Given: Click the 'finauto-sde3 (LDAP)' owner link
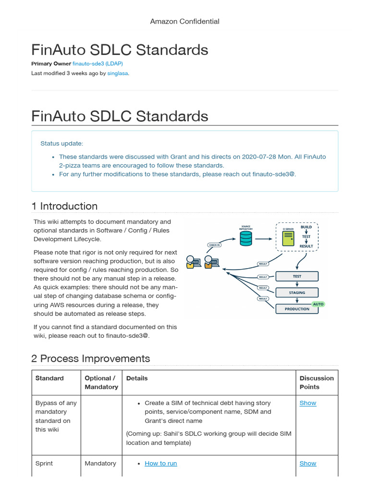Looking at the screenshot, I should [x=100, y=64].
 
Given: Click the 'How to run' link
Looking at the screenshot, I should [x=160, y=464].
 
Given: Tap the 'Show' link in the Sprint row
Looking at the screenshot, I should [x=307, y=464].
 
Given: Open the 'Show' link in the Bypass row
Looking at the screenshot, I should [x=307, y=403].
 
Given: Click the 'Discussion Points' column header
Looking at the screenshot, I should [x=316, y=382].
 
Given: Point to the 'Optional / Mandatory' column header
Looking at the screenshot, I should [x=101, y=382].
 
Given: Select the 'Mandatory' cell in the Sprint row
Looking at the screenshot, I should [x=100, y=464].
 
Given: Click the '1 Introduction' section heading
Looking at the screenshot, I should [x=64, y=206].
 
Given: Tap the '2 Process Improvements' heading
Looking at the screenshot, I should [x=90, y=358].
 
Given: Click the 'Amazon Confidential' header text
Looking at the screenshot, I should [x=184, y=21].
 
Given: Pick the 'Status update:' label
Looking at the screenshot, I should [x=61, y=144].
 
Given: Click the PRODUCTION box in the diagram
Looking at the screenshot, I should [x=297, y=309].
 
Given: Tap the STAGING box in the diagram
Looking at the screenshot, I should [x=297, y=293].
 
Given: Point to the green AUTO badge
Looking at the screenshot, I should [x=318, y=304].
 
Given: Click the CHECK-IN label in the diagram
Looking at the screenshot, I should [x=214, y=245].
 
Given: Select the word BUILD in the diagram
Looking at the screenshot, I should [x=306, y=227].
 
